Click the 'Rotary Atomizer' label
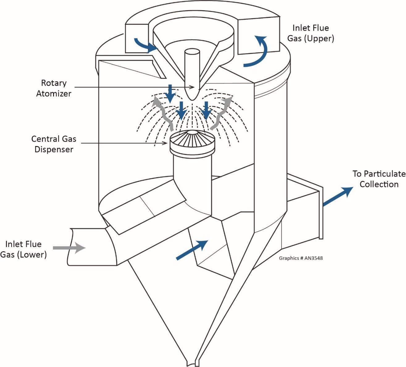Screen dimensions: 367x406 [x=54, y=88]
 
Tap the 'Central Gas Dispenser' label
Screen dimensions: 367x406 [x=54, y=144]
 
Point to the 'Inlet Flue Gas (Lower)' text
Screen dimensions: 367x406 [x=23, y=249]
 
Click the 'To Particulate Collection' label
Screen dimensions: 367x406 [x=379, y=179]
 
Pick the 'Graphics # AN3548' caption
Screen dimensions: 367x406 [x=301, y=258]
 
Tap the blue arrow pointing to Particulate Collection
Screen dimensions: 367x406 [x=337, y=197]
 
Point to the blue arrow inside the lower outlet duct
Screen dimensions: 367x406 [x=191, y=250]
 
